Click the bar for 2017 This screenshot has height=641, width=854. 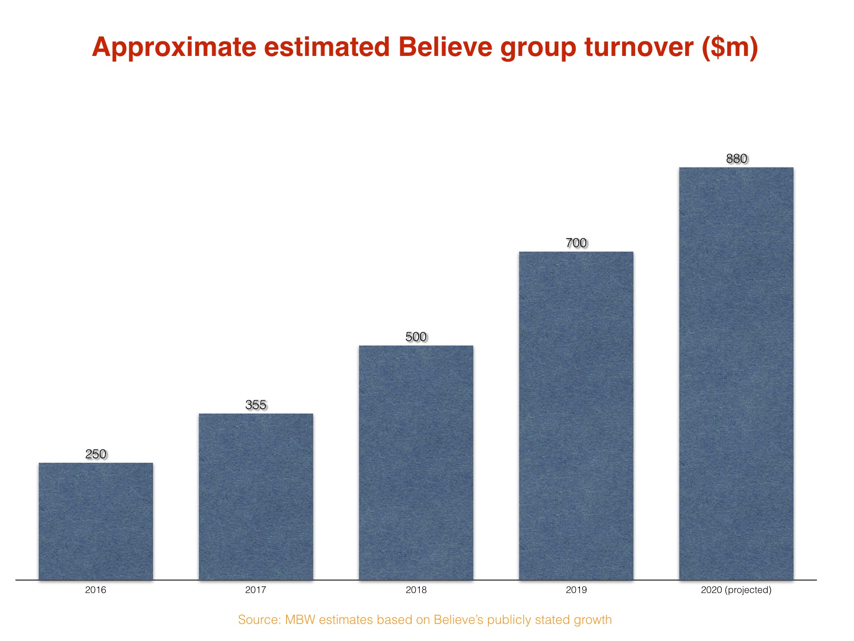pos(256,497)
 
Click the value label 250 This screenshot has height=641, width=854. pos(96,454)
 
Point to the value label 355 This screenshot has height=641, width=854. pos(256,405)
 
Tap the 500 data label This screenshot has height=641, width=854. pos(416,337)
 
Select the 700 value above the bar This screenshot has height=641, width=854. pos(576,243)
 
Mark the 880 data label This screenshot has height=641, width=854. pos(736,159)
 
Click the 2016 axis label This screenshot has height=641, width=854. pos(95,590)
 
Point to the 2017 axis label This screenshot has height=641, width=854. pos(256,590)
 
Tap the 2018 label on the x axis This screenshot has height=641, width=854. pos(416,590)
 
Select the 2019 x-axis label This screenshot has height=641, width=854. pos(576,590)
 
